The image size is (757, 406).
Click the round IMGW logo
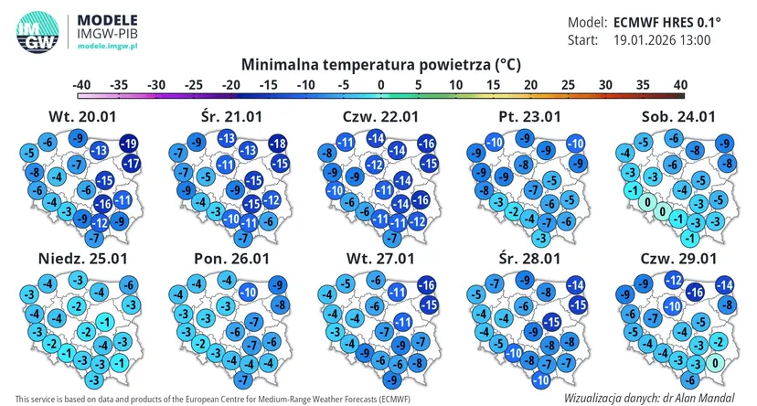(x=37, y=31)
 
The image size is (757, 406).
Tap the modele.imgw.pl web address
(x=108, y=46)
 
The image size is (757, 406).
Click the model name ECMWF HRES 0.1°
(x=667, y=22)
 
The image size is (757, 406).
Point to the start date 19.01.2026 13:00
(x=662, y=39)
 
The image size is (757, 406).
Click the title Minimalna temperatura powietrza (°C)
(x=381, y=65)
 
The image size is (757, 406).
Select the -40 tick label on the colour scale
(x=81, y=85)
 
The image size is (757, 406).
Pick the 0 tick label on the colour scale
(x=381, y=85)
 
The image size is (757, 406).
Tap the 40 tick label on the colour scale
(x=680, y=85)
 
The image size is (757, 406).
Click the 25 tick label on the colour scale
(x=568, y=85)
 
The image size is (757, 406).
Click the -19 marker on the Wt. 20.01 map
(x=128, y=144)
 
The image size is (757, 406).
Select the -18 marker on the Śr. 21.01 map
(x=278, y=144)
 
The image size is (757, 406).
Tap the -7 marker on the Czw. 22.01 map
(x=393, y=238)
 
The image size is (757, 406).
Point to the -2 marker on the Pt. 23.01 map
(x=515, y=211)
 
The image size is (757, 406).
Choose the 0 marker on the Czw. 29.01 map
(x=715, y=362)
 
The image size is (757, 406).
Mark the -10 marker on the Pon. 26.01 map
(x=248, y=292)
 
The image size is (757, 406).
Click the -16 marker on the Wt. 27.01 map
(x=426, y=285)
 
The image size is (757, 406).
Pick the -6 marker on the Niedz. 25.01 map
(x=128, y=285)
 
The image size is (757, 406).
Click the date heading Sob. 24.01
(x=678, y=117)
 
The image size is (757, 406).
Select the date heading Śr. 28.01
(x=529, y=258)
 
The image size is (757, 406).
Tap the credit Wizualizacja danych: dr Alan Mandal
(x=649, y=399)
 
